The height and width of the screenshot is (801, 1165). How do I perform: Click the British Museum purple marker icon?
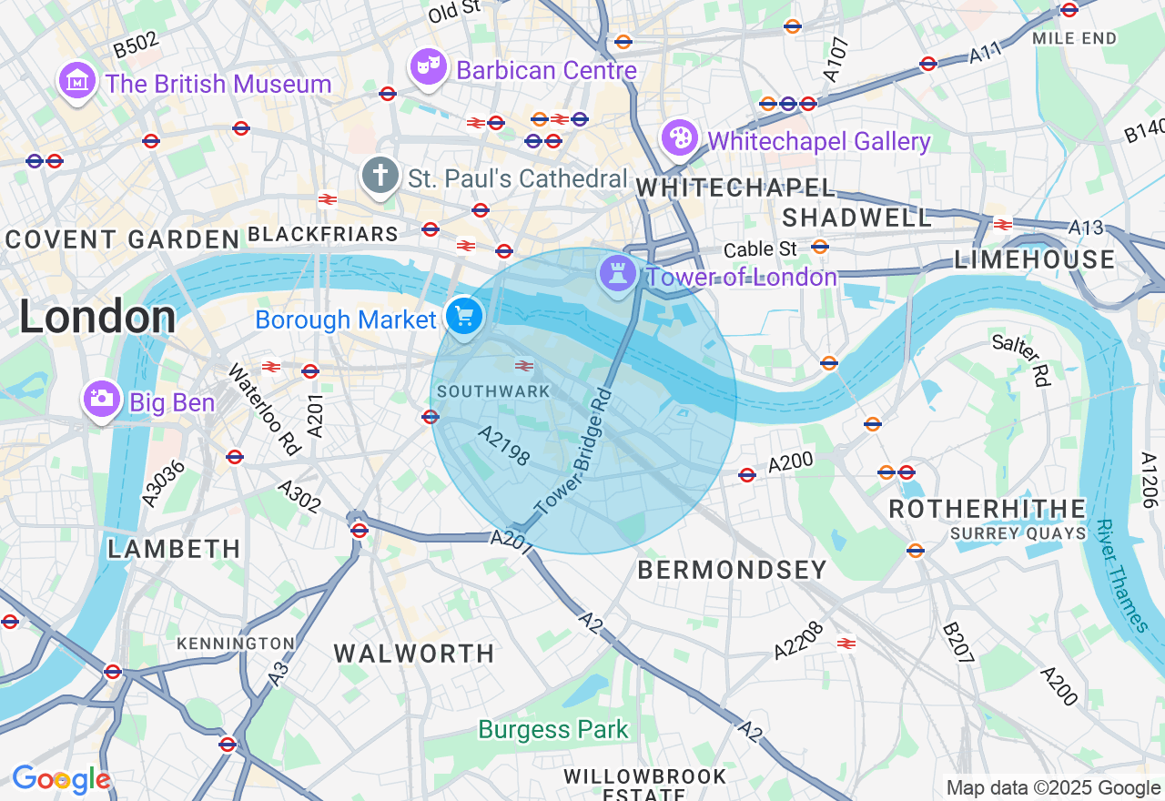(x=77, y=82)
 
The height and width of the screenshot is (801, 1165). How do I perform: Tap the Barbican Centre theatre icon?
(x=427, y=67)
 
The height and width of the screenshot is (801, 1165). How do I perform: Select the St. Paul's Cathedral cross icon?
(x=380, y=176)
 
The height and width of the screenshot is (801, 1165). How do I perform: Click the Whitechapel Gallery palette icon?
(x=679, y=139)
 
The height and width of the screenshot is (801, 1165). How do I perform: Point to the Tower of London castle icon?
(x=617, y=273)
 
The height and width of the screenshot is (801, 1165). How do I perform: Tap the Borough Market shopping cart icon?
(x=464, y=318)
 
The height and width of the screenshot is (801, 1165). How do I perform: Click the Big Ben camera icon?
(x=101, y=399)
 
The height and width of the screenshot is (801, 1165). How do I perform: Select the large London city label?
(x=97, y=318)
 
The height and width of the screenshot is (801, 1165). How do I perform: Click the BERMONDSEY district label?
(x=732, y=571)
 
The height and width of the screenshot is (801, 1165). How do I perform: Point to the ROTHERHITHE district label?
(x=988, y=509)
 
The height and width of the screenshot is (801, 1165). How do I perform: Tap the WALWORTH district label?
(x=414, y=654)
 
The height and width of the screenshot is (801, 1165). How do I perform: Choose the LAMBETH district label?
(x=174, y=549)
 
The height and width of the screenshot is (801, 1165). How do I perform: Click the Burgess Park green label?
(x=553, y=729)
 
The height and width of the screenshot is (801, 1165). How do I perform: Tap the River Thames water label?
(x=1121, y=576)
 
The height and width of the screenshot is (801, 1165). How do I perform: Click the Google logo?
(x=61, y=780)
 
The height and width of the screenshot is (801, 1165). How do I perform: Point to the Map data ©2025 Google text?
(x=1053, y=788)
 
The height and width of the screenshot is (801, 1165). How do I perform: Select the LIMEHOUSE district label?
(x=1035, y=260)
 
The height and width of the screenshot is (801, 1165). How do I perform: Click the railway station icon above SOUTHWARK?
(x=523, y=366)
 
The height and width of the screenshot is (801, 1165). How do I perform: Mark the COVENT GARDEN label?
(x=122, y=240)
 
